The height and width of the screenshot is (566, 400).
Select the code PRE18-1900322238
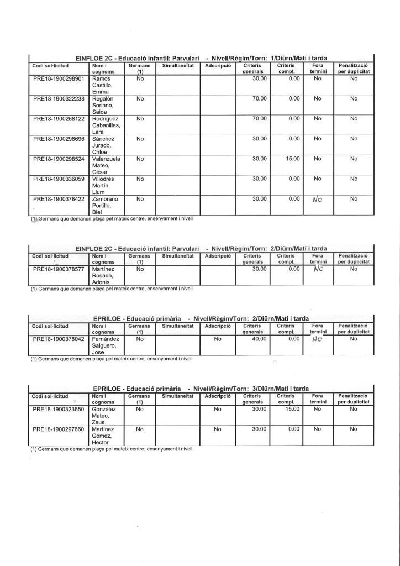click(x=59, y=99)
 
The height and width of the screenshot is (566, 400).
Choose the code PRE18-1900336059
click(x=59, y=179)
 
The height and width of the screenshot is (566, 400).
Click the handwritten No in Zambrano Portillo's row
click(x=318, y=199)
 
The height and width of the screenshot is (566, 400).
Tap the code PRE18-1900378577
click(x=59, y=269)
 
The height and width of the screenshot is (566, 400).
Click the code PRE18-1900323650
click(x=59, y=410)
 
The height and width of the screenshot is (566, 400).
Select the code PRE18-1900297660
click(x=59, y=429)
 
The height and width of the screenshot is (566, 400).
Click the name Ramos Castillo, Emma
click(x=103, y=85)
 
